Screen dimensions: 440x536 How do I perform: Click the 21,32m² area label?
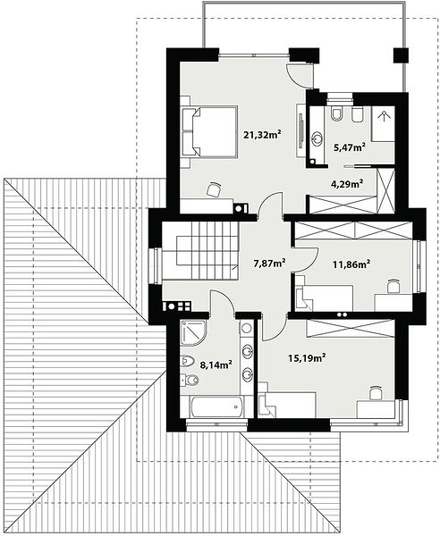262,134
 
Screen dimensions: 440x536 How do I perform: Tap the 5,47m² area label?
349,147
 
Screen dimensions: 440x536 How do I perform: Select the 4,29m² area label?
347,184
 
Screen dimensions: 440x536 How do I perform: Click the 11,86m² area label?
351,264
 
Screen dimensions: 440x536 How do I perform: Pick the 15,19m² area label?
306,358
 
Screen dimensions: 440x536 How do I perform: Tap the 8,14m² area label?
216,364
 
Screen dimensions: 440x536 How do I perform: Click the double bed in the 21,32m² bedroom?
209,131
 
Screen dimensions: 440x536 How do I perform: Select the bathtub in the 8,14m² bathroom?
217,406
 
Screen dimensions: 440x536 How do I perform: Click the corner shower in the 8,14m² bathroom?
192,332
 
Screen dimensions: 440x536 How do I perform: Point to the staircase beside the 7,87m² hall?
200,250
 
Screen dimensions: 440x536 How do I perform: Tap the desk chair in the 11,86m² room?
393,286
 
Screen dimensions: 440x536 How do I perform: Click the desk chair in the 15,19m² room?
376,393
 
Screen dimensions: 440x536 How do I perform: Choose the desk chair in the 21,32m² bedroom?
214,189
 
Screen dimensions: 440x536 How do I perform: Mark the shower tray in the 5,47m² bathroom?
383,124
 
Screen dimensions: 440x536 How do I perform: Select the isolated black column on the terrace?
401,55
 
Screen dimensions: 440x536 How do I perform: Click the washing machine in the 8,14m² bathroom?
246,329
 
